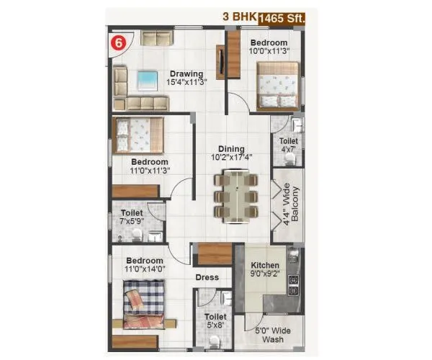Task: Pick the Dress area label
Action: (207, 277)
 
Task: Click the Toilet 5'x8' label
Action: (215, 320)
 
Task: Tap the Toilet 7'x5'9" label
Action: (132, 217)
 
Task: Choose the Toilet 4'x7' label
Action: (289, 145)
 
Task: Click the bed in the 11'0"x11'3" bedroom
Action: (138, 135)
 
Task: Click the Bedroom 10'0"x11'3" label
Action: (269, 48)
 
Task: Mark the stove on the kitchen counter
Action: (294, 284)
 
